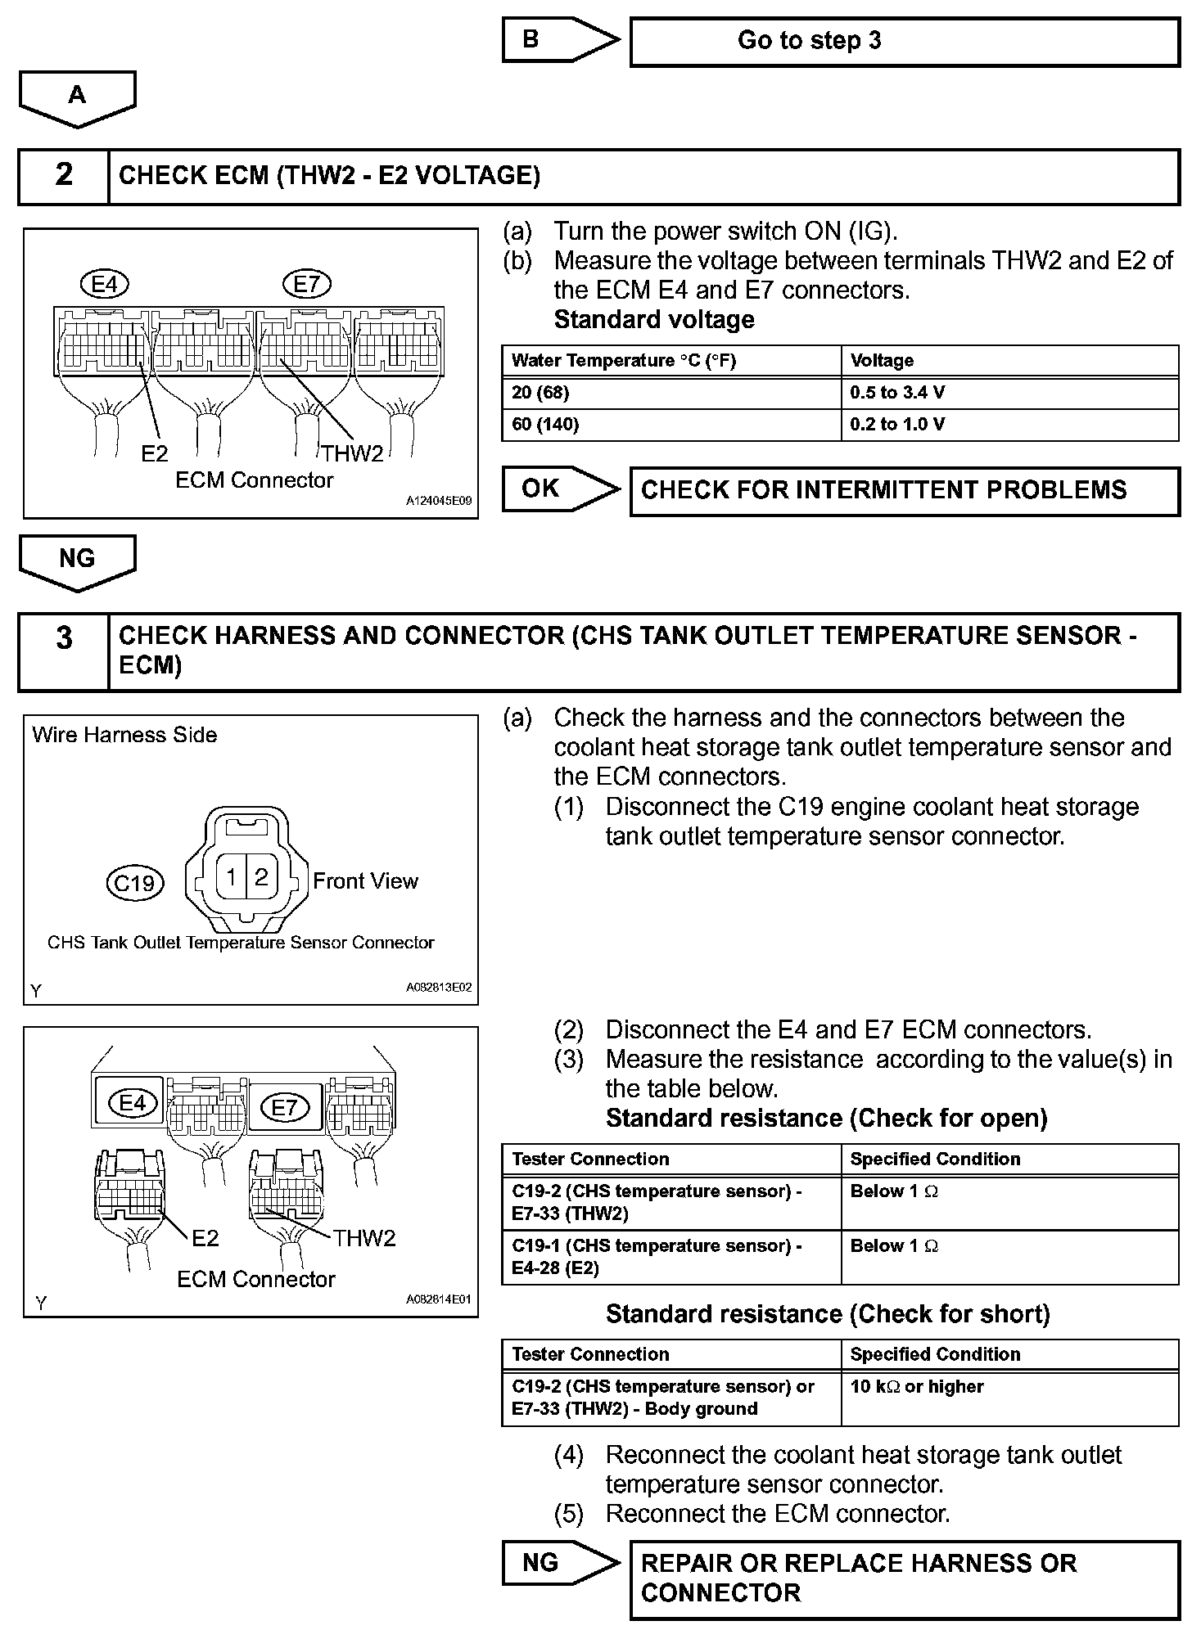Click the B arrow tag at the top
[557, 40]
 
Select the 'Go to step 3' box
[904, 42]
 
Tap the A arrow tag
[77, 97]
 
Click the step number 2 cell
[64, 175]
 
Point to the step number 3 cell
[64, 651]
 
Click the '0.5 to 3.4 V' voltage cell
[1009, 393]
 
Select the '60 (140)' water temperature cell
[670, 425]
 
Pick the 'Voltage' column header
[1009, 361]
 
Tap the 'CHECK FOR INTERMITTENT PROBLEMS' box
[904, 490]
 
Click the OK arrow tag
[557, 489]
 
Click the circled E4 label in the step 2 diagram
[105, 285]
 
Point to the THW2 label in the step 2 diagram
[352, 453]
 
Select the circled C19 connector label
[135, 883]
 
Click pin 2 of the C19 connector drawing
[261, 877]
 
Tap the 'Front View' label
[365, 881]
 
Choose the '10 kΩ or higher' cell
[1009, 1398]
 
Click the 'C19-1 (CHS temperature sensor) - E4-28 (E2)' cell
[670, 1257]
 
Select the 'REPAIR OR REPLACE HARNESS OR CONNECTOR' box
[904, 1580]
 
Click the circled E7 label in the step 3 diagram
[284, 1109]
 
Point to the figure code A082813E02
[439, 988]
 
